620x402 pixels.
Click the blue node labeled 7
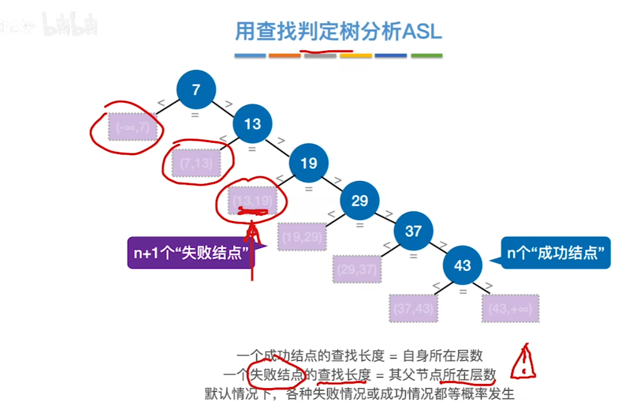[196, 90]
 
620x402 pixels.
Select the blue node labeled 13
[252, 124]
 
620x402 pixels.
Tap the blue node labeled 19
[308, 163]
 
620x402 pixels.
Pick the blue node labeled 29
[359, 200]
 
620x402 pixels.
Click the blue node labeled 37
[413, 231]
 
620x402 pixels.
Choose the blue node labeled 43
[463, 265]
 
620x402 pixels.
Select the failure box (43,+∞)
[510, 309]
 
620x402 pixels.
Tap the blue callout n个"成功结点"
[555, 253]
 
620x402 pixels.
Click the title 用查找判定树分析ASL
[338, 32]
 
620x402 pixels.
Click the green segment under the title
[427, 55]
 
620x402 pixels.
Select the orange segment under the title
[284, 55]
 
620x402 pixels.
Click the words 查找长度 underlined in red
[344, 375]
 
